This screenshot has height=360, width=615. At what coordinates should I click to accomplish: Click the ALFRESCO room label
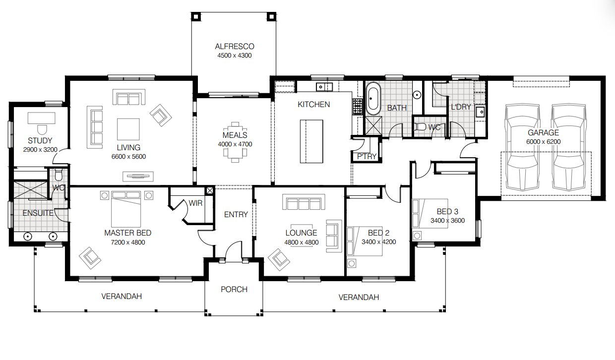click(234, 47)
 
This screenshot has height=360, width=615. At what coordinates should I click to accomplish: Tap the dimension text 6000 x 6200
click(543, 141)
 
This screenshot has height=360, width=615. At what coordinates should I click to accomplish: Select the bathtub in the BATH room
click(373, 98)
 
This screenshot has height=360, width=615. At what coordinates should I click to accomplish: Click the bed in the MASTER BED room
click(126, 209)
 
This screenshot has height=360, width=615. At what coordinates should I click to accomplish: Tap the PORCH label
click(234, 289)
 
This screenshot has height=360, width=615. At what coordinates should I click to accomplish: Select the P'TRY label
click(367, 157)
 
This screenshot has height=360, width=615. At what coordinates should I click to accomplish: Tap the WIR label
click(195, 203)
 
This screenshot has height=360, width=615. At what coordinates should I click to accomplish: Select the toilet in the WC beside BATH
click(420, 127)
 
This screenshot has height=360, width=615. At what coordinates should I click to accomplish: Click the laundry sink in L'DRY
click(480, 112)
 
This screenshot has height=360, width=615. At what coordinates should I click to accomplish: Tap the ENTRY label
click(236, 214)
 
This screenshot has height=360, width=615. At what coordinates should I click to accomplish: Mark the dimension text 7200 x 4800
click(127, 242)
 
